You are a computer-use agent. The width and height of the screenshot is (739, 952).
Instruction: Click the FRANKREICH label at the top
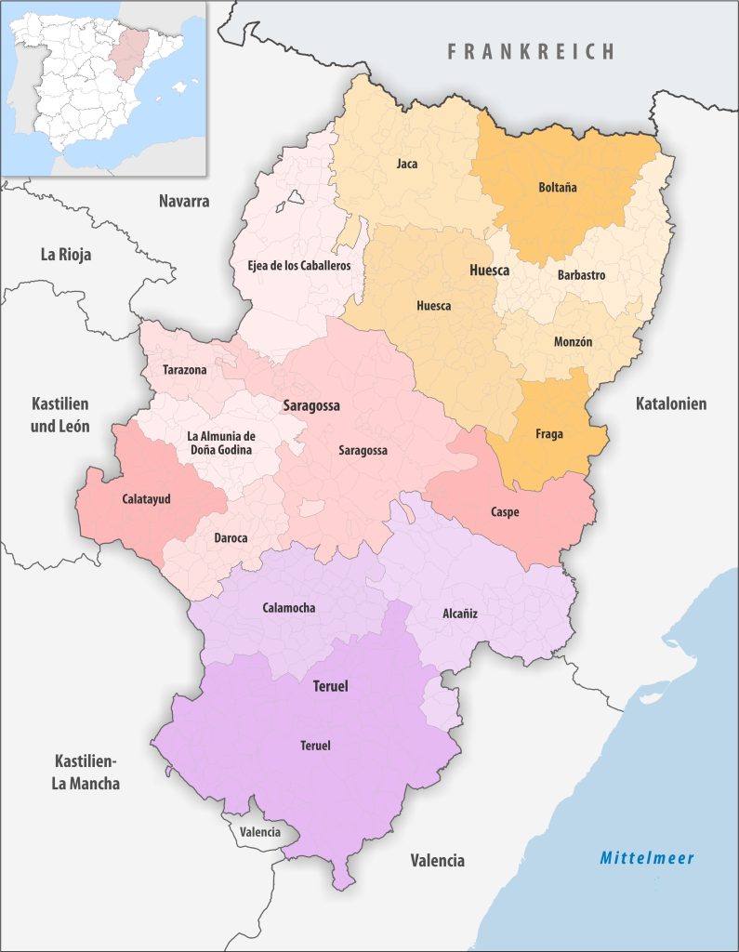[x=531, y=51]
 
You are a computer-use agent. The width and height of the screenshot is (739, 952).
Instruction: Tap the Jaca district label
[x=406, y=165]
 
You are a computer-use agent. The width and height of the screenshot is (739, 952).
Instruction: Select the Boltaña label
[x=557, y=187]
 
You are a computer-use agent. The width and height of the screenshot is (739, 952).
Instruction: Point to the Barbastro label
[x=581, y=275]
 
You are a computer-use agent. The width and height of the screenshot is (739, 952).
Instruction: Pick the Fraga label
[x=548, y=433]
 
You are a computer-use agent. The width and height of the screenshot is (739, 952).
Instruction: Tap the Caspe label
[x=505, y=512]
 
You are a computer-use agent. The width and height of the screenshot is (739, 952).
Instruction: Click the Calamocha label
[x=289, y=608]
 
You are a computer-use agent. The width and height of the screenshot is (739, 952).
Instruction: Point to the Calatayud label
[x=147, y=498]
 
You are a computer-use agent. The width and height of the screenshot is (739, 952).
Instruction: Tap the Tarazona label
[x=185, y=370]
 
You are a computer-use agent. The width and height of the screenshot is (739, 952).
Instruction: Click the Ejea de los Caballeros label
[x=298, y=266]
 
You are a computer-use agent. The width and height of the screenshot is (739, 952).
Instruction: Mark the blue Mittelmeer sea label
[x=647, y=858]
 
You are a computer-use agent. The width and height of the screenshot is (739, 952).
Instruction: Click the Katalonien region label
[x=671, y=403]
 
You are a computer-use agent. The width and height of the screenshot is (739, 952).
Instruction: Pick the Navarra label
[x=184, y=201]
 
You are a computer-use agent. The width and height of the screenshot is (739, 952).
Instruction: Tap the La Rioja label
[x=65, y=254]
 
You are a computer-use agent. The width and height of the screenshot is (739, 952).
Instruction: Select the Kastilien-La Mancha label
[x=86, y=772]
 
